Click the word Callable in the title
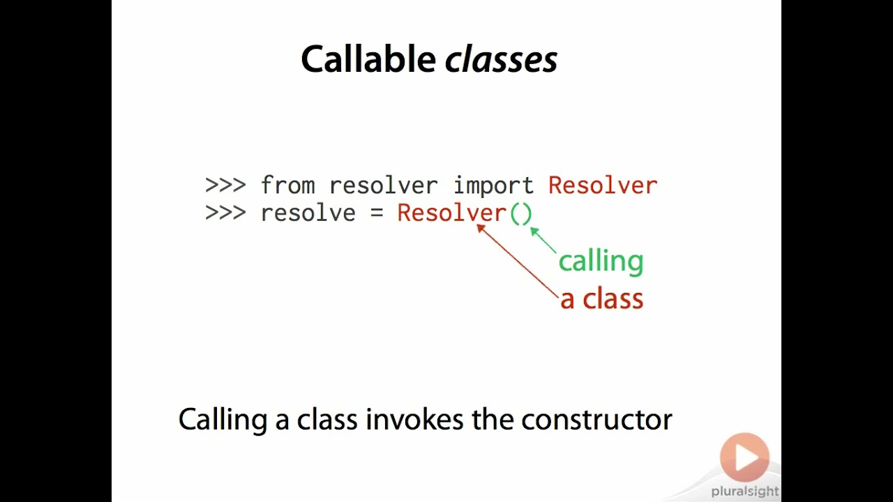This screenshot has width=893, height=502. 368,60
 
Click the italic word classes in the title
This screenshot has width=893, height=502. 501,60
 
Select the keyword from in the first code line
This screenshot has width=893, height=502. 287,186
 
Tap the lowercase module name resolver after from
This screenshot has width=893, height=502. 383,186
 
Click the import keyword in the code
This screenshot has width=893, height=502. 493,186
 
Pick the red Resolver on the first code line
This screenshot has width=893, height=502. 602,186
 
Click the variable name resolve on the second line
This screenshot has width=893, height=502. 308,213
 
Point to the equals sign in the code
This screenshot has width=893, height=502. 377,213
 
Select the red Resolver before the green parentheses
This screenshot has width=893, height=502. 451,213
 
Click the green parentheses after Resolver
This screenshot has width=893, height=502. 521,213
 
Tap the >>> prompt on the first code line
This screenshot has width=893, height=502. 225,186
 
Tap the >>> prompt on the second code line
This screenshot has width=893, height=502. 225,213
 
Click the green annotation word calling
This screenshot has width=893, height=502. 601,261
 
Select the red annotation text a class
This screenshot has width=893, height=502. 601,299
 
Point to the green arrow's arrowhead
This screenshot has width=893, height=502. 534,231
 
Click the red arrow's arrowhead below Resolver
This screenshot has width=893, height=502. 480,227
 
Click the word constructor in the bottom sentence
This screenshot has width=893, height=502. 596,420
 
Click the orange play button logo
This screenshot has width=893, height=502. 744,457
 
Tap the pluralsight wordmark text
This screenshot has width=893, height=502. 744,492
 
